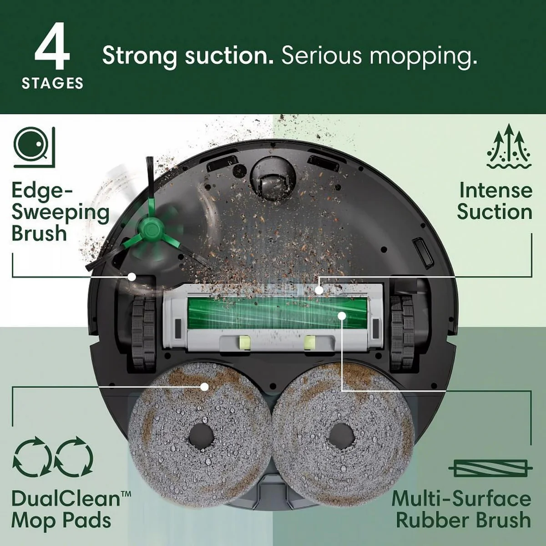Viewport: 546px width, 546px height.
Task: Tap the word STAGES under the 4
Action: tap(52, 83)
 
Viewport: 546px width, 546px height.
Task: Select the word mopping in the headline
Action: tap(423, 56)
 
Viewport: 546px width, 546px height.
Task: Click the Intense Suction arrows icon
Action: tap(508, 147)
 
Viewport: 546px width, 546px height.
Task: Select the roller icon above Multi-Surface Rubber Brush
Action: tap(490, 468)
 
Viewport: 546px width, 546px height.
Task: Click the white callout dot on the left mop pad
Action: tap(205, 386)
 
